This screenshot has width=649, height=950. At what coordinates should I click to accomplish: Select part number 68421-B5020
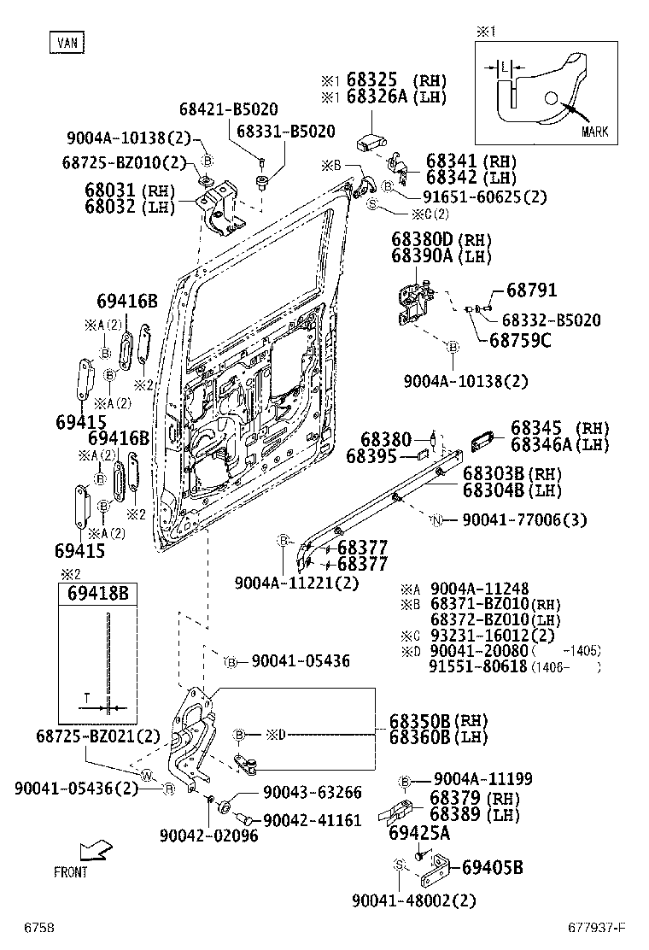point(228,109)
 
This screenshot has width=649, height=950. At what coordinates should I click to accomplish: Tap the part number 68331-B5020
point(285,131)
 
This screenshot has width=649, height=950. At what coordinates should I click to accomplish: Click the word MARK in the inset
point(594,132)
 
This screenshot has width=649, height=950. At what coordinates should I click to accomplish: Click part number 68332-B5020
point(551,320)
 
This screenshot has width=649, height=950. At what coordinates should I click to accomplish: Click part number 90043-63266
point(312,792)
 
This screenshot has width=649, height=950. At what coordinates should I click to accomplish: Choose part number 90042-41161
point(312,820)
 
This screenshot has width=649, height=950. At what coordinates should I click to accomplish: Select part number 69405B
point(492,868)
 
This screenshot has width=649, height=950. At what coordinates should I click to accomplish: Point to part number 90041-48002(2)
point(413,900)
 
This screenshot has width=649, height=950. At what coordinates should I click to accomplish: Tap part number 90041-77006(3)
point(524,519)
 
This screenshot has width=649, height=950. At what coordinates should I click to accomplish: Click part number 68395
point(371,457)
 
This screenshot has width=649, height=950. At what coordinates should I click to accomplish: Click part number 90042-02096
point(208,836)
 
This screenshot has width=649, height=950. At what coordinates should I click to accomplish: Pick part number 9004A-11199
point(482,778)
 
